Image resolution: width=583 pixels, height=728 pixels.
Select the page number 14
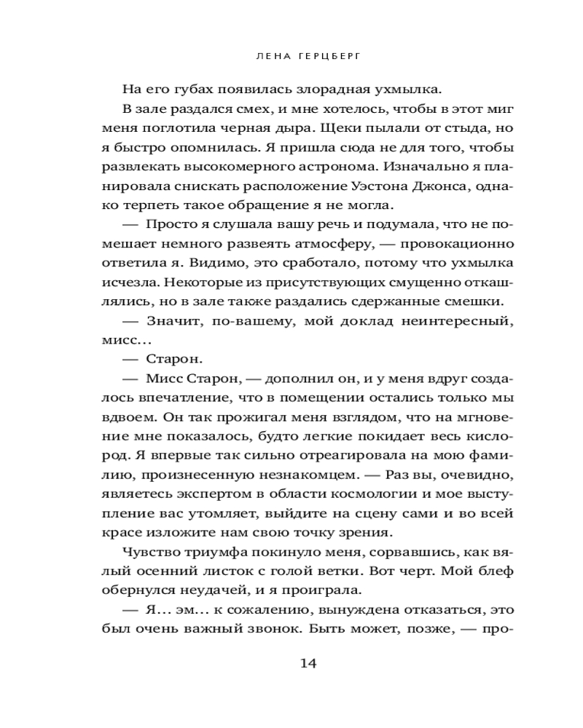coord(308,663)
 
